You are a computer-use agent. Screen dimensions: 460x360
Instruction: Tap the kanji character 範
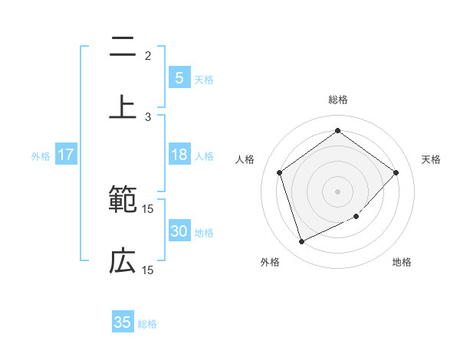[123, 201]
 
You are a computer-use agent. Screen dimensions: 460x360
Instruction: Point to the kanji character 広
[123, 262]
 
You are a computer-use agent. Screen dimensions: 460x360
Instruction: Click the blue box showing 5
[179, 77]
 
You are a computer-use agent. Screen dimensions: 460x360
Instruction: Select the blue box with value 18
[179, 155]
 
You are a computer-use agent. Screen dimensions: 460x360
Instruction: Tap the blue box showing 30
[179, 231]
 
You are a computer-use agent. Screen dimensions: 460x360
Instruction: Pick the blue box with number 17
[66, 155]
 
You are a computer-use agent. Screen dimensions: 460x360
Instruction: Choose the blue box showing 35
[123, 322]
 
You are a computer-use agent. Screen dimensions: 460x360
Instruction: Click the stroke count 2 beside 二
[148, 55]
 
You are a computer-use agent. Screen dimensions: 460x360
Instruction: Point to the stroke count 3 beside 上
[148, 116]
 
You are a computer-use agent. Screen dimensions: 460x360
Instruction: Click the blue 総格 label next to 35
[147, 324]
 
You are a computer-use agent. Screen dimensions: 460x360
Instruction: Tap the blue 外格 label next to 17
[41, 156]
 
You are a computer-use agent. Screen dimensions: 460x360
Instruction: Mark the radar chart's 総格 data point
[337, 130]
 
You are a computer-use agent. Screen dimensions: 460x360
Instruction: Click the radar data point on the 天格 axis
[396, 172]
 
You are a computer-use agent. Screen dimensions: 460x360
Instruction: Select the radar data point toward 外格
[301, 242]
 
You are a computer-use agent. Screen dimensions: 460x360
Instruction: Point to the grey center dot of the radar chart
[337, 191]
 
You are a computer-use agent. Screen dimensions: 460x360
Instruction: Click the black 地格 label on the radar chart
[402, 262]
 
